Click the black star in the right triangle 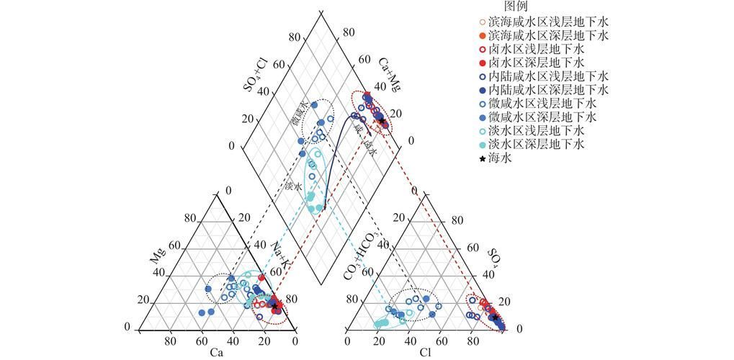click(x=495, y=317)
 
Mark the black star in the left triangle click(x=274, y=306)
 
